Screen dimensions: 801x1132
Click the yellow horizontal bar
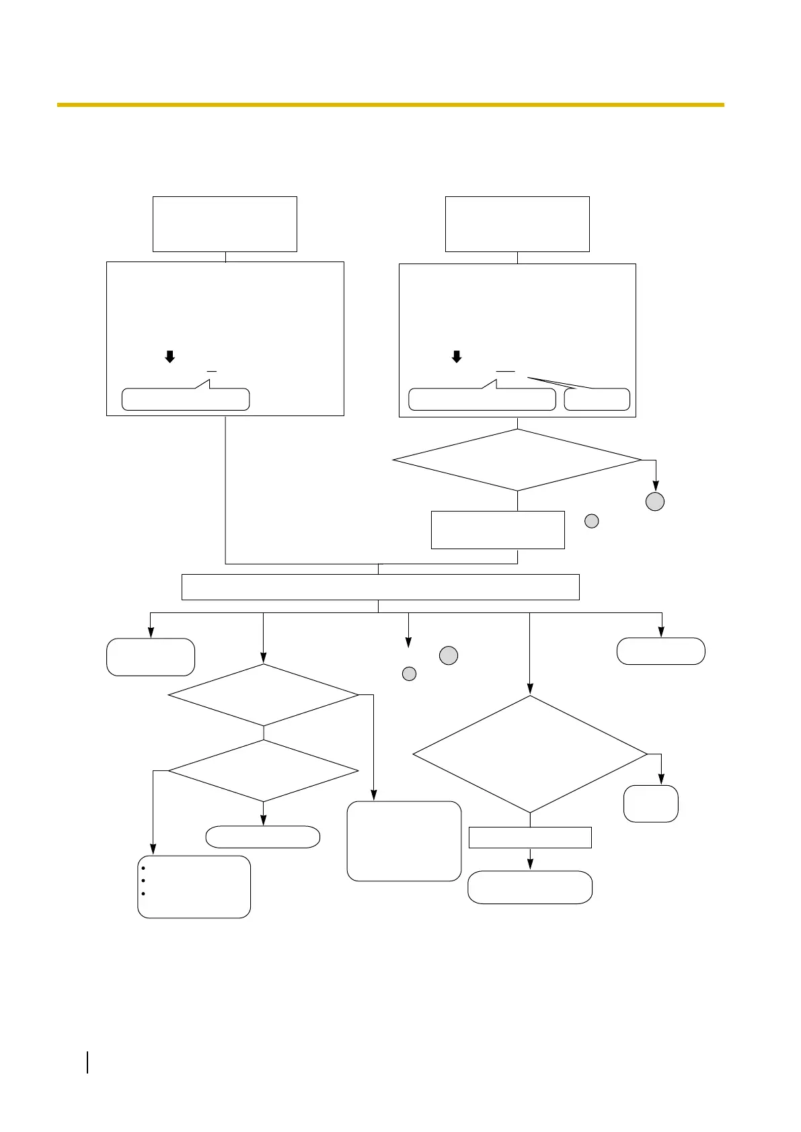[390, 105]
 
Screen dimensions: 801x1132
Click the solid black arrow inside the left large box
[170, 356]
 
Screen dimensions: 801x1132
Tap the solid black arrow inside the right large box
[457, 356]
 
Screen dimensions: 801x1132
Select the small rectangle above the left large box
[225, 224]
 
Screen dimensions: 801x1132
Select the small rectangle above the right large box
[517, 224]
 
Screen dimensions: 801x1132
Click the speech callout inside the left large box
[185, 399]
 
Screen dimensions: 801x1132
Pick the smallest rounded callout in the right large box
[597, 399]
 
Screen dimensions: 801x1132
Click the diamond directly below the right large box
[517, 460]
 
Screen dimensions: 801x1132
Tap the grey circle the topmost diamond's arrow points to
[655, 501]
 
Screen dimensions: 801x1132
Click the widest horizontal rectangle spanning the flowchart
[380, 587]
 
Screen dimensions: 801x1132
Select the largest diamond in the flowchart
[530, 754]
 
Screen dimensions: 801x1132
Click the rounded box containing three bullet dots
[194, 887]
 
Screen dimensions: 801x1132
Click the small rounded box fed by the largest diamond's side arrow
[650, 803]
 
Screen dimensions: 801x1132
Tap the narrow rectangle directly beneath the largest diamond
[530, 838]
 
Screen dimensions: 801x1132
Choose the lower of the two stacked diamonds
[263, 771]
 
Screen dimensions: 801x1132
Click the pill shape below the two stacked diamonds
[262, 837]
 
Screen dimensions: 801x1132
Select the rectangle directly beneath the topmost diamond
[498, 530]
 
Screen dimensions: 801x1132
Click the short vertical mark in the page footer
[88, 1063]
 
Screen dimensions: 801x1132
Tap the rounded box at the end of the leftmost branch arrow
[151, 657]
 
